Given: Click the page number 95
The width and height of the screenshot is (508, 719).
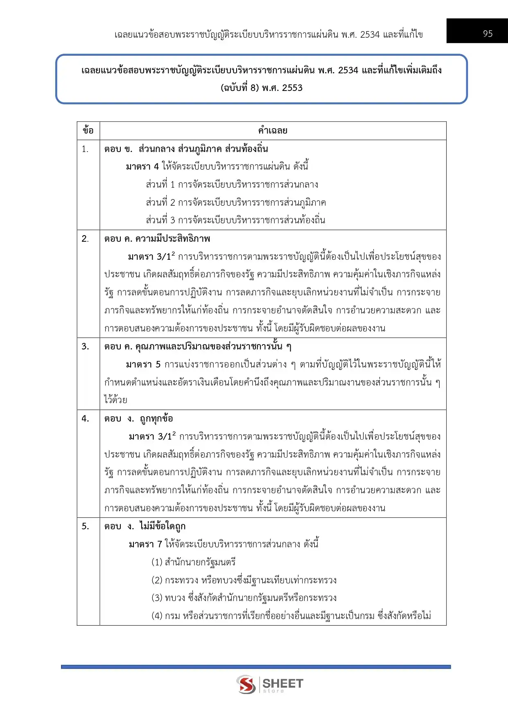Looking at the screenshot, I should coord(488,34).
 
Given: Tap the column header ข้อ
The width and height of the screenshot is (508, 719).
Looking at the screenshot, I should coord(88,131).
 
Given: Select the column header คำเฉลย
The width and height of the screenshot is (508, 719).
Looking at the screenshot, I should coord(273,131).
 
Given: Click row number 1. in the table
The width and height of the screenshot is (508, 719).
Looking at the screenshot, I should coord(85,149).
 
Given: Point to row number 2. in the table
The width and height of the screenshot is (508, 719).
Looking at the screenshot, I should coord(85,239).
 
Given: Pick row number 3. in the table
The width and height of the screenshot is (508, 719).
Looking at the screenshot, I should coord(85,347).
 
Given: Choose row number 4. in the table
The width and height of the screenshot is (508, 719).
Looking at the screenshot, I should coord(85,418).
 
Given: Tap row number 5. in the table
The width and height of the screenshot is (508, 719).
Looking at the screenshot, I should coord(85,526).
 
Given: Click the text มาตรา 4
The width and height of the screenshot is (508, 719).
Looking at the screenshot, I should coord(142,167).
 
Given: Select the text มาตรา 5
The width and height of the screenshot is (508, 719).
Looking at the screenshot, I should coord(143,365).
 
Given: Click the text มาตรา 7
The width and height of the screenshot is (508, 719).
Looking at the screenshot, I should coord(145,544).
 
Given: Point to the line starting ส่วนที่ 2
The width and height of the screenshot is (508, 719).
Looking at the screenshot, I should coord(236,202).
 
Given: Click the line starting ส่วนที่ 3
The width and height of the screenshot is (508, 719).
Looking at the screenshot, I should coord(235,220).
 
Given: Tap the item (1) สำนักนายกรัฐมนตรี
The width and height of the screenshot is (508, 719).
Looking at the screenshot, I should coord(194,562).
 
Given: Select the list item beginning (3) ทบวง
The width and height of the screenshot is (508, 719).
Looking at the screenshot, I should coord(244,598).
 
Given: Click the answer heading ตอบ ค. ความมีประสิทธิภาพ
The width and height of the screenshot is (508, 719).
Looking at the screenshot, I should coord(157,239).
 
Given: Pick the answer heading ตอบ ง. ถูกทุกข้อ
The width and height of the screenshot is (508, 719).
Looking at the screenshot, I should coord(139,418).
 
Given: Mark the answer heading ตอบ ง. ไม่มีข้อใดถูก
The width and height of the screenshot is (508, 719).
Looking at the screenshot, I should coord(145,526).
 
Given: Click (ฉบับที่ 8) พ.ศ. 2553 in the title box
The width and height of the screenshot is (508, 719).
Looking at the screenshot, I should coord(262,88).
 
